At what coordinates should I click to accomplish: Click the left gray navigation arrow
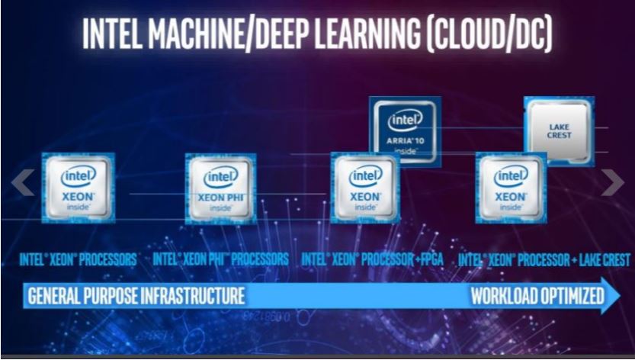coord(24,182)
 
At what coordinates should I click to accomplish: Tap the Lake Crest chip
coord(559,131)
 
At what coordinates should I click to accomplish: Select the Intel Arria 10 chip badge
coord(405,130)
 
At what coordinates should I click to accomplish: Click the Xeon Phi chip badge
coord(220,188)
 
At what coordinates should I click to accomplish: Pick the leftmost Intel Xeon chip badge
coord(78,188)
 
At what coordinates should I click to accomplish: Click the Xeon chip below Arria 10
coord(365,188)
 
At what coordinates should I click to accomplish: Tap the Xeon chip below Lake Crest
coord(510,188)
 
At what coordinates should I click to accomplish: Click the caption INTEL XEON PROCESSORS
coord(78,259)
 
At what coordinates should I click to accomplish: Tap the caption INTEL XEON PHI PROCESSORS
coord(220,259)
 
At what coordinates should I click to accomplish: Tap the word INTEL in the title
coord(107,34)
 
